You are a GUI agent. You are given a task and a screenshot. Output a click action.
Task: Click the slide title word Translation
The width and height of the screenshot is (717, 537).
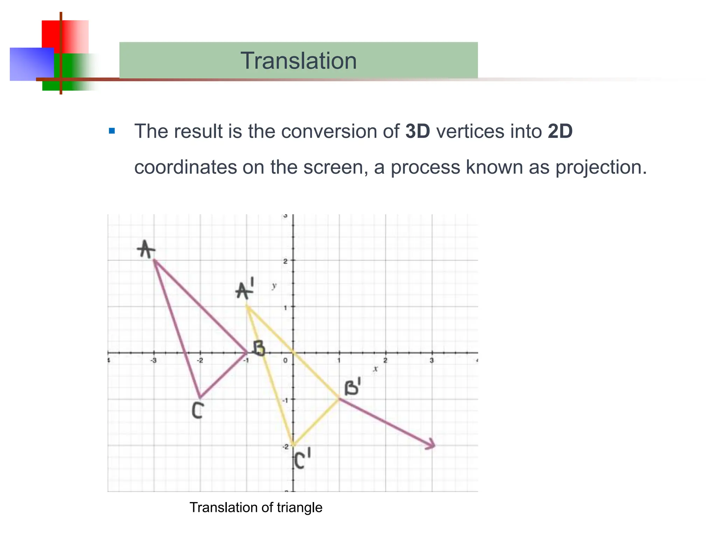[x=298, y=61]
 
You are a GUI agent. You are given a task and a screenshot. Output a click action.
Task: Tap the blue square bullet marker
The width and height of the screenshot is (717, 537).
[x=112, y=131]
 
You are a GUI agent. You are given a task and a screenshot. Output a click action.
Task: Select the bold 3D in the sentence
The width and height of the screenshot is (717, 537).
[x=417, y=131]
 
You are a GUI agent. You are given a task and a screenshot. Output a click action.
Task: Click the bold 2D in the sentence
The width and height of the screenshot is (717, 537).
[x=560, y=131]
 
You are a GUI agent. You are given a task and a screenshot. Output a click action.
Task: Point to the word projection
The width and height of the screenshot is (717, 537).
[x=601, y=167]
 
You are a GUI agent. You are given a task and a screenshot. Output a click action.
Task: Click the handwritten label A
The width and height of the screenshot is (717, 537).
[x=146, y=249]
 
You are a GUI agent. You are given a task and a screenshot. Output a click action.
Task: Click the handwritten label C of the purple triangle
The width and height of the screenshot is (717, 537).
[x=197, y=410]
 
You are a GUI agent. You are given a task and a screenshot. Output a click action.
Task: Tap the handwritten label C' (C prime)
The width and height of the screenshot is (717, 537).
[x=302, y=459]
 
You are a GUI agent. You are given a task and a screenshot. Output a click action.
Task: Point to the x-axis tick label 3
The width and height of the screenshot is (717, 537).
[x=432, y=360]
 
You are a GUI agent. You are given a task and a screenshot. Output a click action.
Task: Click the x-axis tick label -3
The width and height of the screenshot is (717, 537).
[x=153, y=360]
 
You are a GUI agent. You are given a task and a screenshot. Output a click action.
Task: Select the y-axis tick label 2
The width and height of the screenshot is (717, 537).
[x=286, y=261]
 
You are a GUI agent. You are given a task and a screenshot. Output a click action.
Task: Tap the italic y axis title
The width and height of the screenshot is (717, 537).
[x=274, y=286]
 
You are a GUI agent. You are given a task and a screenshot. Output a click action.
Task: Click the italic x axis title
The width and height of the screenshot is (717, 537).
[x=375, y=368]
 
